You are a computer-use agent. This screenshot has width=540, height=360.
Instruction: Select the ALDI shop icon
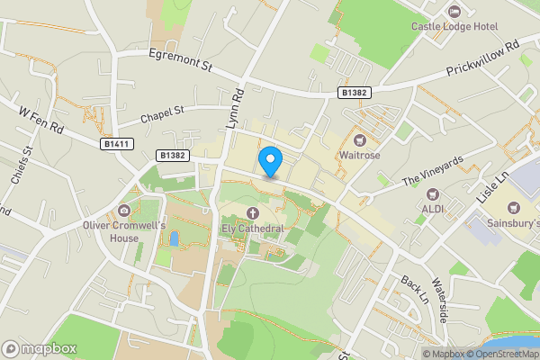click(432, 193)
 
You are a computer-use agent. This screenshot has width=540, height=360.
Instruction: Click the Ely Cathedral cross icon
click(253, 213)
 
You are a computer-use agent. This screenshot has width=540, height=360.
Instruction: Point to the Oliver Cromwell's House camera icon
click(124, 209)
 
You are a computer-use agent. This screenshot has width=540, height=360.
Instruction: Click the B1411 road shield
click(114, 143)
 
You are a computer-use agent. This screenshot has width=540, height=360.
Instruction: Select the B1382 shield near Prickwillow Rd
click(353, 93)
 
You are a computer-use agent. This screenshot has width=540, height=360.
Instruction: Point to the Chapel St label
click(161, 115)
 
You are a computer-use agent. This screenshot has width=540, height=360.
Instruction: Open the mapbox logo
click(40, 348)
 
